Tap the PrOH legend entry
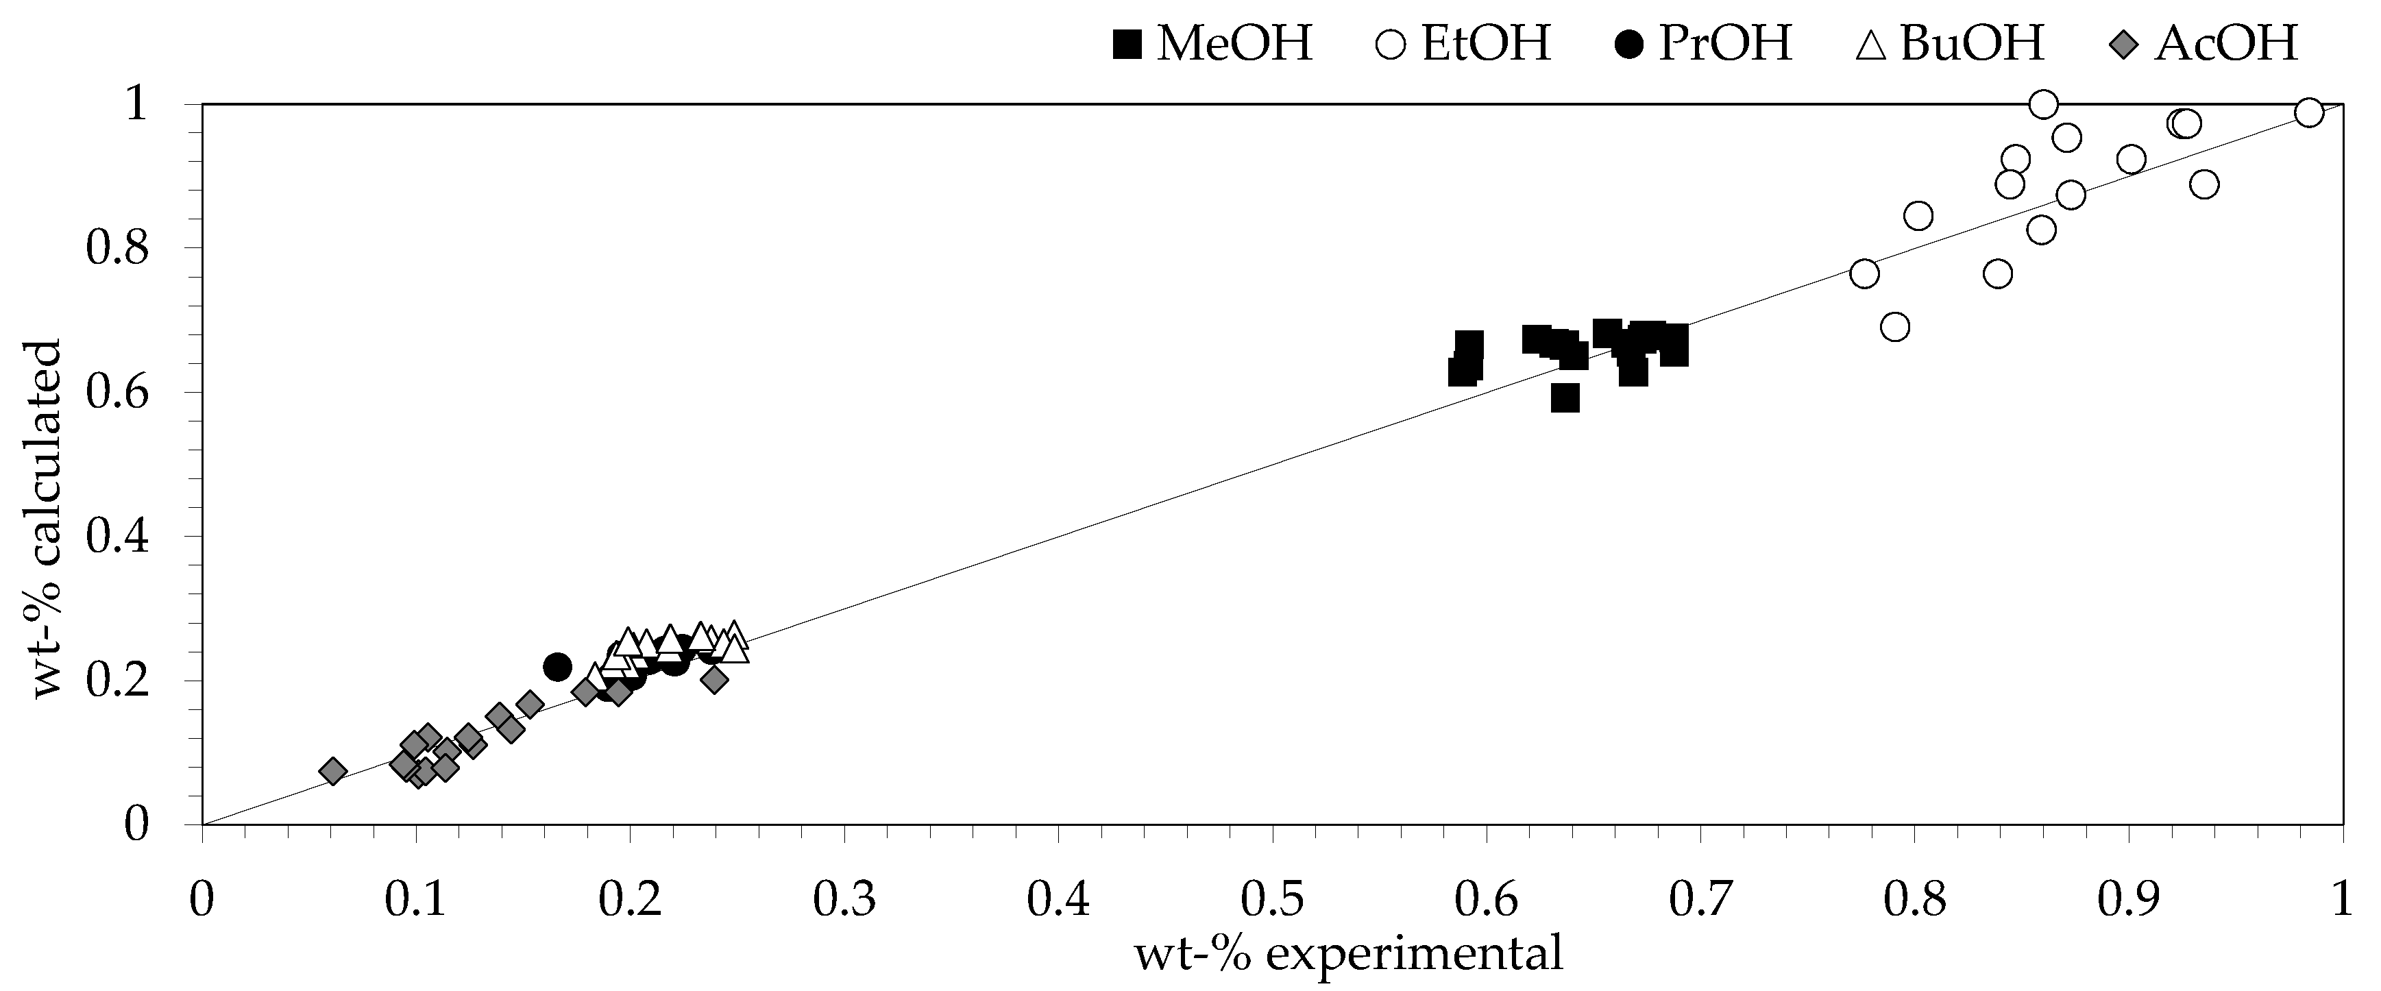(1705, 43)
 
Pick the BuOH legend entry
(1951, 43)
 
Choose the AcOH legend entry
(2204, 43)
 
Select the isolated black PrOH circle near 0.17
(557, 667)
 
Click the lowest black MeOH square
(1565, 398)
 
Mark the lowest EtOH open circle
(1895, 326)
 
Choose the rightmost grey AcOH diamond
(713, 679)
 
